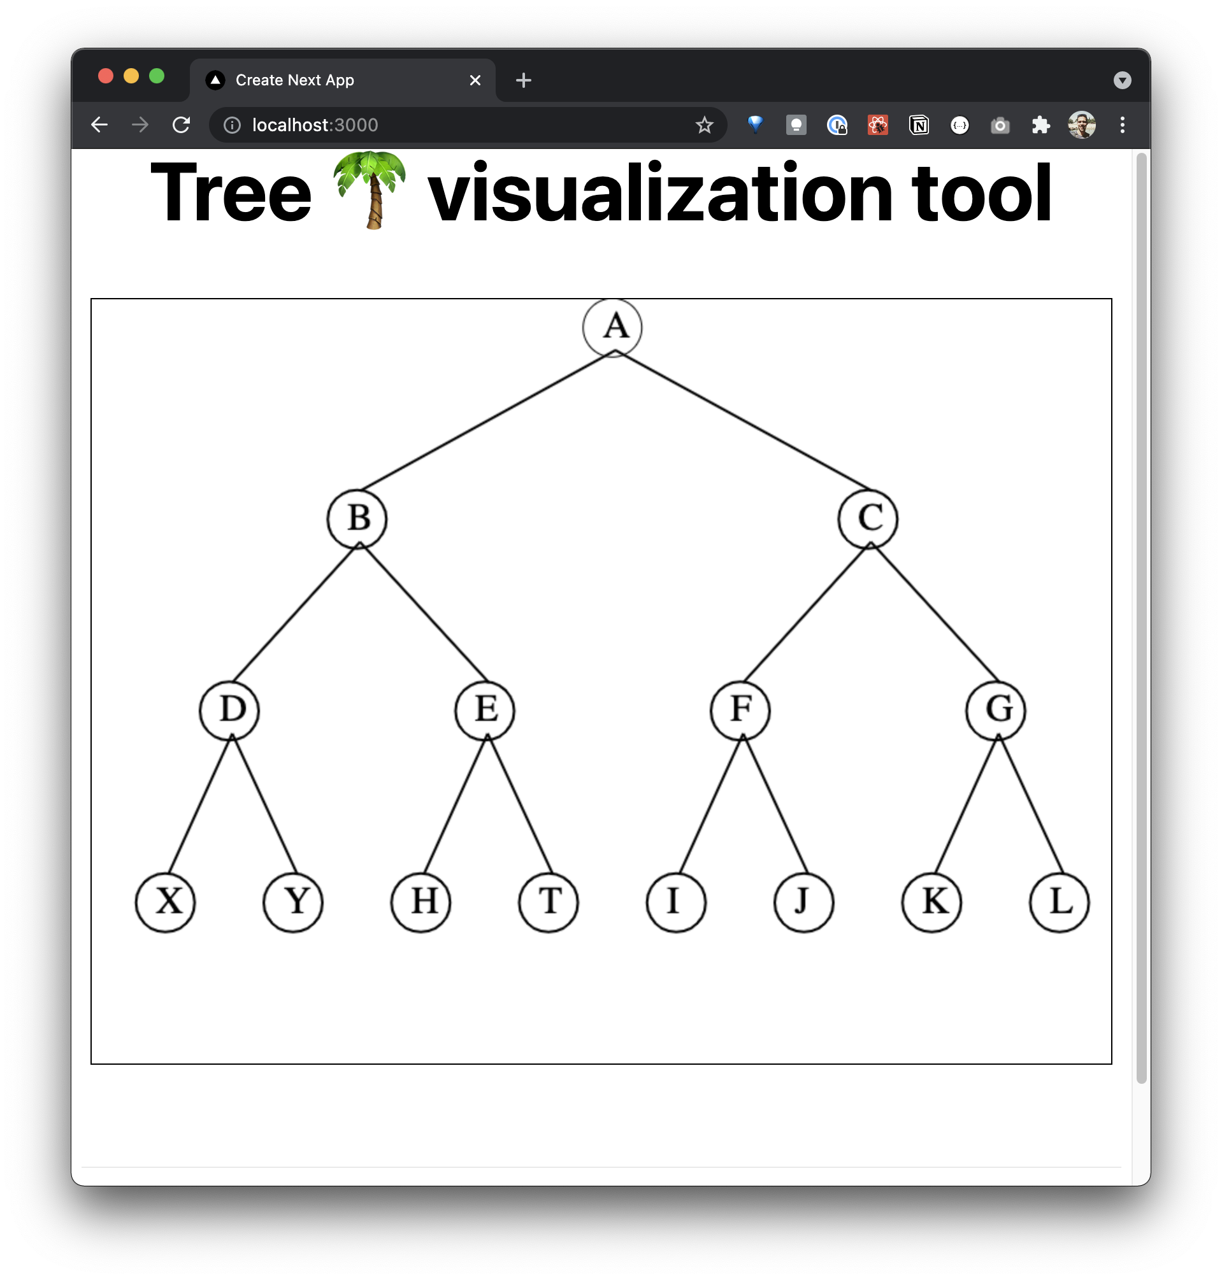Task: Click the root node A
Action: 612,327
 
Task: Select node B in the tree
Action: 357,519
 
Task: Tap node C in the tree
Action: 868,519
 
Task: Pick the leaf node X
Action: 166,902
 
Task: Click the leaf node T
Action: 549,902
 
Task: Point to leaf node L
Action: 1059,902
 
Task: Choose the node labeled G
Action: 995,710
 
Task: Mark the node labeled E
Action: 485,710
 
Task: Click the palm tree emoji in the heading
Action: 370,190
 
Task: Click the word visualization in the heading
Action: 660,194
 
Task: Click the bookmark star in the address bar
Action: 704,125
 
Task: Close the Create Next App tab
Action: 475,80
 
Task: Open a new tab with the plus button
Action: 524,80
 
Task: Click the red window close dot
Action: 106,76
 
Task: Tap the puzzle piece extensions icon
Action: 1041,125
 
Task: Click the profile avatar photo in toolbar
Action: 1081,125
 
